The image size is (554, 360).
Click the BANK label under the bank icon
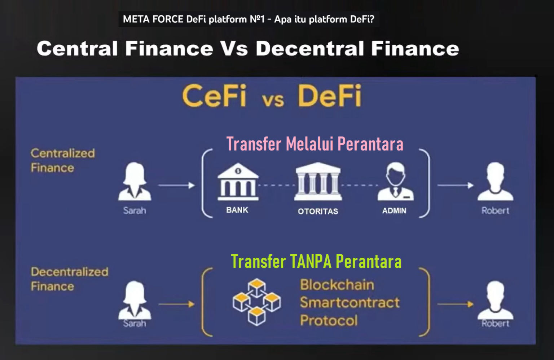[237, 210]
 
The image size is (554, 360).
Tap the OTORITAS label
[318, 212]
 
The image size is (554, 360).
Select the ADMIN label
[394, 211]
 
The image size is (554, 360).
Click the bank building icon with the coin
[238, 182]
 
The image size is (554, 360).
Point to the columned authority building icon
[318, 181]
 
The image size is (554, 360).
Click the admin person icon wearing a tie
[395, 181]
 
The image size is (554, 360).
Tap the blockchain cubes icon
[257, 302]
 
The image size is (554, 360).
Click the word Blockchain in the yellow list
[337, 285]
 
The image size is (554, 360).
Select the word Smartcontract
[350, 302]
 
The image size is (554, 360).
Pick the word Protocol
[329, 320]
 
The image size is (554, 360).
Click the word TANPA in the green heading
[311, 261]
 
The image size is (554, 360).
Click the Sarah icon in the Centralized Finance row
[135, 181]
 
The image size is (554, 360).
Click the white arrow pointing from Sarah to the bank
[177, 185]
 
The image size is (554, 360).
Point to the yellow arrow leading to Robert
[455, 304]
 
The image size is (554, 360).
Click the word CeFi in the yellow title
[214, 96]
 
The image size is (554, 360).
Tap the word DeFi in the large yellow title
[329, 96]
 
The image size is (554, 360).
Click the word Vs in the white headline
[234, 48]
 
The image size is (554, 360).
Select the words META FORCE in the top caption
[153, 19]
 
